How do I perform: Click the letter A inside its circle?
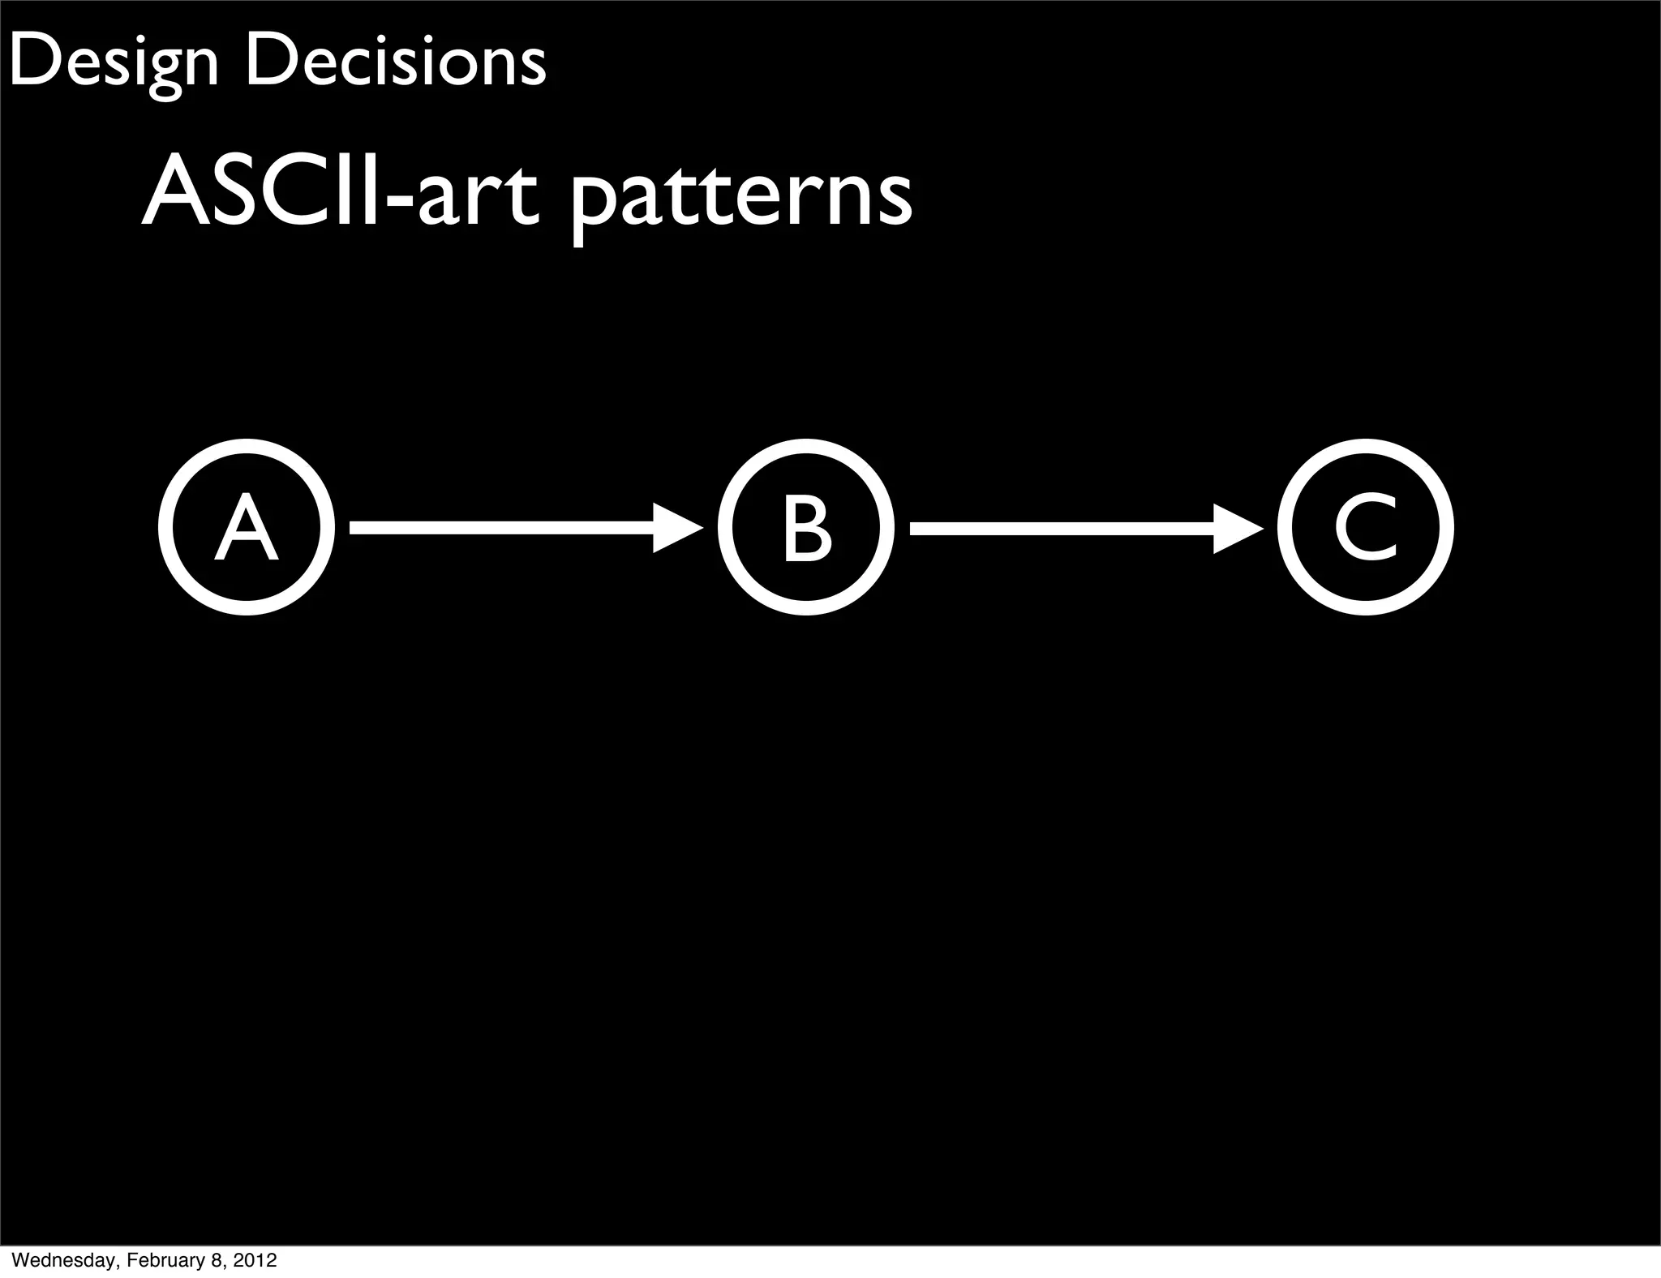pos(247,529)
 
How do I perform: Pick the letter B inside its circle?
pos(806,529)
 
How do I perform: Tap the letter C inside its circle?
pos(1366,529)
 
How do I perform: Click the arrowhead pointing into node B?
pos(676,529)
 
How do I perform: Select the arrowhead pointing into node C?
pos(1237,529)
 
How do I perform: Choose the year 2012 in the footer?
pos(255,1260)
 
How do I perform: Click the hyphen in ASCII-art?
pos(403,204)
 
